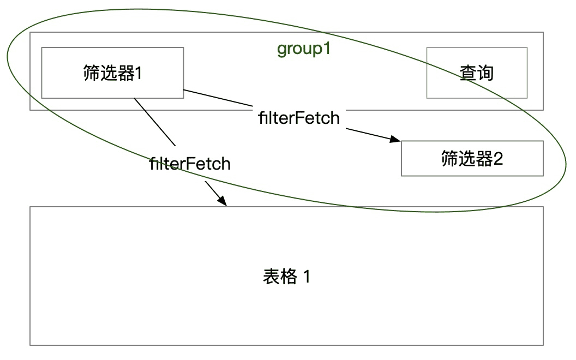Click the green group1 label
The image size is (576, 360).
click(304, 49)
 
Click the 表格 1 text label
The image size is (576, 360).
click(287, 276)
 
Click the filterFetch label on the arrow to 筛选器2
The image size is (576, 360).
click(299, 118)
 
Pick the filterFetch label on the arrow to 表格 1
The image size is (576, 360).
click(190, 164)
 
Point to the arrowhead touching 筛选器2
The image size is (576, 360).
click(395, 139)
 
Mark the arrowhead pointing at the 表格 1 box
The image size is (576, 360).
click(222, 201)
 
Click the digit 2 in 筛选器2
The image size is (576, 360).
click(498, 159)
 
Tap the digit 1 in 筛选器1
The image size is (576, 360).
click(139, 73)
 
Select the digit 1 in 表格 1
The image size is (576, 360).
click(307, 276)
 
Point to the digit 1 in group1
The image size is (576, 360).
click(326, 48)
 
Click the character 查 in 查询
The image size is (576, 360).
click(468, 73)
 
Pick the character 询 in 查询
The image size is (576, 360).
click(485, 73)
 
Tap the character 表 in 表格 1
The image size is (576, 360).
click(272, 276)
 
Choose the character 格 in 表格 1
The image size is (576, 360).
click(289, 276)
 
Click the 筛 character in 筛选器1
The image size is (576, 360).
click(92, 73)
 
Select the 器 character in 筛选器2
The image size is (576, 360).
click(484, 159)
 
